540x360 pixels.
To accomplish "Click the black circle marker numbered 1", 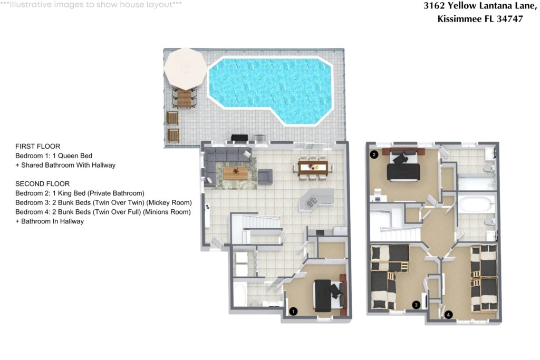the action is (293, 312).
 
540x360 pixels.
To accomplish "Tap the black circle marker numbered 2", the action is (374, 154).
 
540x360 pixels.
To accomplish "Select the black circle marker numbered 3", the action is (417, 305).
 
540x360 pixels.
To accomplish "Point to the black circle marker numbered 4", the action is (448, 314).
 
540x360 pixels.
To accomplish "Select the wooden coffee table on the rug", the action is (236, 173).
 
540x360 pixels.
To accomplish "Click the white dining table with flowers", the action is (313, 168).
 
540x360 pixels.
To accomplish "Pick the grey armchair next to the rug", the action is (265, 176).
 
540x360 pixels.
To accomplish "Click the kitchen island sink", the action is (312, 202).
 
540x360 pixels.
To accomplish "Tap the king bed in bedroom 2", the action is (403, 165).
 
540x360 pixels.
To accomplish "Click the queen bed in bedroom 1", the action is (329, 295).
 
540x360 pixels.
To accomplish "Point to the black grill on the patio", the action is (240, 138).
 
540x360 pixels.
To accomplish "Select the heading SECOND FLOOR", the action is (43, 184).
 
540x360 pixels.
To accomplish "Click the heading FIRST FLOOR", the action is (38, 147).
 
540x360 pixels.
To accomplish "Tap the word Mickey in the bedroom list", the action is (157, 202).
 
